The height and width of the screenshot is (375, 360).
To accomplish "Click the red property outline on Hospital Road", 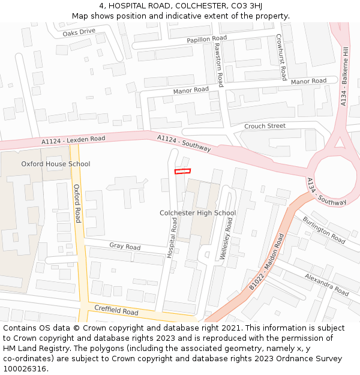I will (x=182, y=172).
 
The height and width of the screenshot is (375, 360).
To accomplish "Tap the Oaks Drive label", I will (x=79, y=32).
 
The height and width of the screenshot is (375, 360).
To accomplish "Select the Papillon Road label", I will (x=206, y=38).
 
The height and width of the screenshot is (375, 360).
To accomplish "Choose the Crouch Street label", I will (x=265, y=126).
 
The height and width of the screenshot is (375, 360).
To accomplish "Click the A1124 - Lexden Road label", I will (x=73, y=140).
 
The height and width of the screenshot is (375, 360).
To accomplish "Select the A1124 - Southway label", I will (x=184, y=143).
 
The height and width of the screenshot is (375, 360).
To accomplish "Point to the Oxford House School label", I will (x=56, y=164).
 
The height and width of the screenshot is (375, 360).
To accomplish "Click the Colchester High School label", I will (x=197, y=213).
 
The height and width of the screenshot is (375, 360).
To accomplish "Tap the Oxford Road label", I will (x=77, y=203).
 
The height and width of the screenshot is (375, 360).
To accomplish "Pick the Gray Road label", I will (x=125, y=247).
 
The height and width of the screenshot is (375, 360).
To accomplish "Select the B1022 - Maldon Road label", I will (x=267, y=263).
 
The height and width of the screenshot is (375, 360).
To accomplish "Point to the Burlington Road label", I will (x=324, y=230).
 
